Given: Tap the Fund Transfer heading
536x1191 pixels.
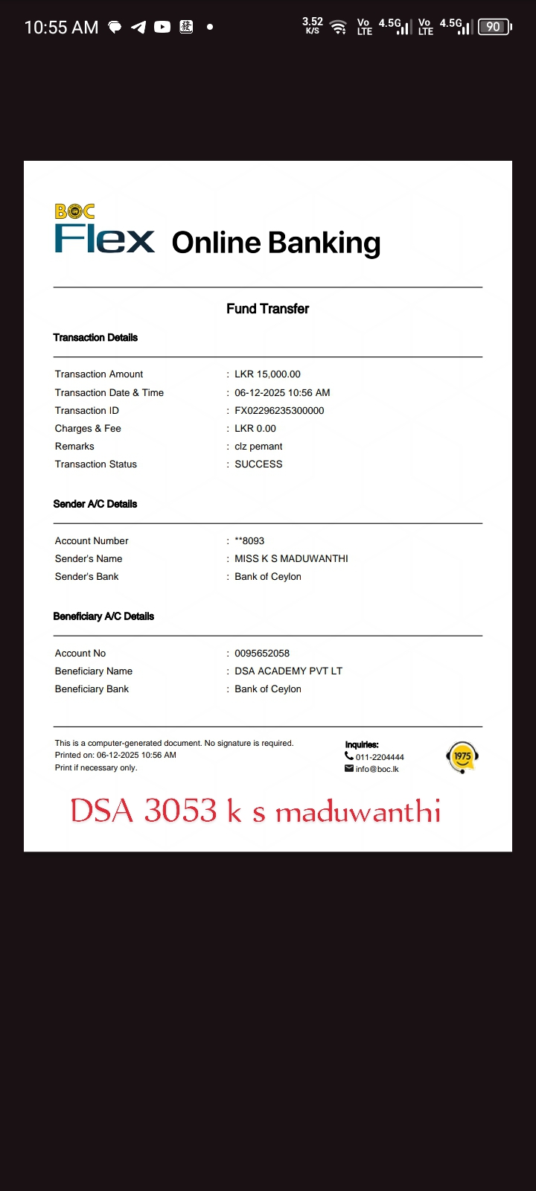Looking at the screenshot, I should click(267, 309).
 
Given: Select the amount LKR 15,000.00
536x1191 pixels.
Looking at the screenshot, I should click(267, 374).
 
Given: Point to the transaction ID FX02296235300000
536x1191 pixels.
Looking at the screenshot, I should click(279, 411).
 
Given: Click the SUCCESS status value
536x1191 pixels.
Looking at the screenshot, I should click(258, 464).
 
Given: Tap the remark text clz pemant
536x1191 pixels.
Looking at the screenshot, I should click(258, 447).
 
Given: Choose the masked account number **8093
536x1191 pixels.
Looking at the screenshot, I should click(249, 541).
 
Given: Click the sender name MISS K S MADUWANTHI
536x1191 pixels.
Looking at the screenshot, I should click(291, 559).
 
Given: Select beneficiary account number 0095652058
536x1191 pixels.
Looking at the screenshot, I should click(262, 654).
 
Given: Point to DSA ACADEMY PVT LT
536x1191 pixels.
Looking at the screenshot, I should click(288, 671).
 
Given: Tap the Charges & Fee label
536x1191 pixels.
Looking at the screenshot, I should click(88, 429).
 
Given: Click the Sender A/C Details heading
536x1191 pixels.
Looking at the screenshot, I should click(95, 504).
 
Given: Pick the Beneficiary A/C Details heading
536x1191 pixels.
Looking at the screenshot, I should click(103, 616).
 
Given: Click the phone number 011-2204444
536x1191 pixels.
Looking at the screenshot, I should click(380, 757).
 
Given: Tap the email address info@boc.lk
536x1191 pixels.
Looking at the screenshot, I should click(377, 769).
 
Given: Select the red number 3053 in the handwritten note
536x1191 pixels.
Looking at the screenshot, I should click(180, 811).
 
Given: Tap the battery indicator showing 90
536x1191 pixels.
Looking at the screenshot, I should click(494, 27).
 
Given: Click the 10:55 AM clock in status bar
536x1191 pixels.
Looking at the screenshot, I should click(61, 28).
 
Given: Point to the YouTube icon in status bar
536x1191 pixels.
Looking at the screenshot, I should click(162, 27).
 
